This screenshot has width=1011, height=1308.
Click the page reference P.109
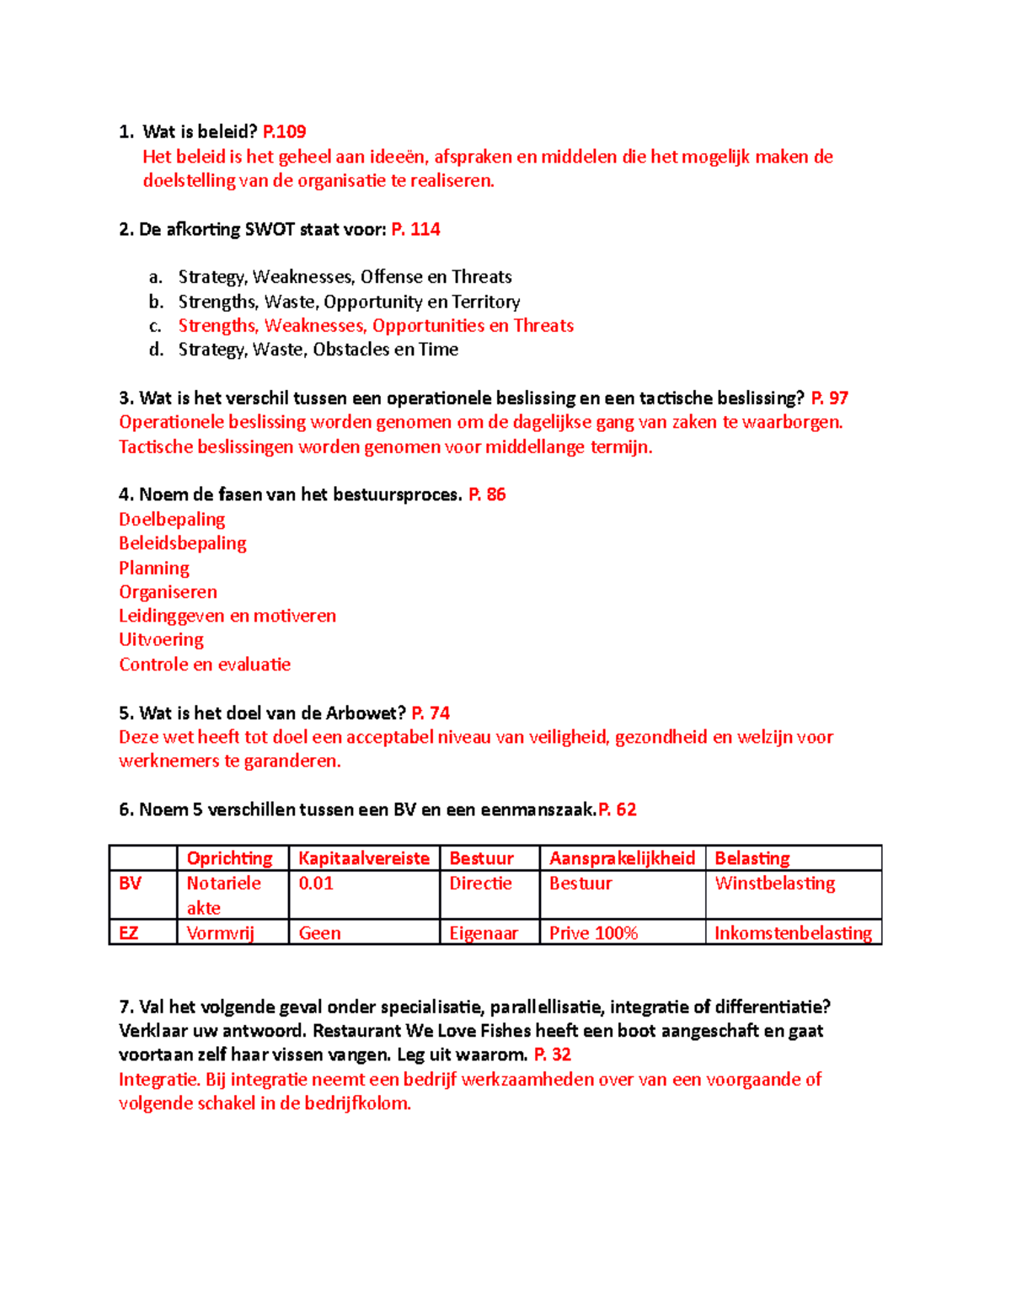click(284, 131)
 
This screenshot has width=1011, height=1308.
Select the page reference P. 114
click(415, 229)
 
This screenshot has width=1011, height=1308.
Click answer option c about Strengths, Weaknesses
click(375, 325)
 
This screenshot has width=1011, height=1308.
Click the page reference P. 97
click(829, 398)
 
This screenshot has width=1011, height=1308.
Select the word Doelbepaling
click(172, 519)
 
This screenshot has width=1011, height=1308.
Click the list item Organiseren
click(168, 592)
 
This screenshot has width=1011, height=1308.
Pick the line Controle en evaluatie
click(205, 665)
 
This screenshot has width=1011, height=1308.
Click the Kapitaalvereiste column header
click(364, 858)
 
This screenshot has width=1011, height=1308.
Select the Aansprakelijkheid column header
click(622, 858)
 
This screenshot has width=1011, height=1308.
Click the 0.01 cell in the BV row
click(316, 884)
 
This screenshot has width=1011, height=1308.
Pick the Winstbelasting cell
click(775, 884)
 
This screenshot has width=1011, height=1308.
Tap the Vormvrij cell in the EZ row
click(220, 933)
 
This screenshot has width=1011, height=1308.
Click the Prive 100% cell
click(593, 933)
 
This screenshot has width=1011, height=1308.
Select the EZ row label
click(128, 933)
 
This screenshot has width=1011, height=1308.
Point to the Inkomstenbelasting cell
click(793, 933)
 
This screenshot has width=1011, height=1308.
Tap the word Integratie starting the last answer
click(158, 1080)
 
